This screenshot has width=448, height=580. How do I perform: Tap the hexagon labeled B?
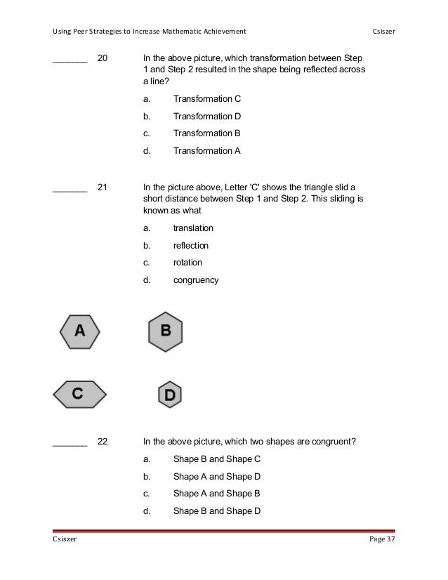166,330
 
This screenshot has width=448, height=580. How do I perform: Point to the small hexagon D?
169,395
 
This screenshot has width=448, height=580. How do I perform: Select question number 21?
103,187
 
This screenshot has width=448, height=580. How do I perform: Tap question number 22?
103,442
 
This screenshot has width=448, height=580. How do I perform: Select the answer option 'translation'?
193,228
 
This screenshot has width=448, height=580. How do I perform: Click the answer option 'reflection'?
191,246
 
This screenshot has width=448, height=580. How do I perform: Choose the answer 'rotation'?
187,263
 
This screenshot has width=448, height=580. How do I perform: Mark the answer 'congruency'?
196,280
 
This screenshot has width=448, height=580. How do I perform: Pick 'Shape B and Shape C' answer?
217,459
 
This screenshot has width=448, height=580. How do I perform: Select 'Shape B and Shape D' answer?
217,510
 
